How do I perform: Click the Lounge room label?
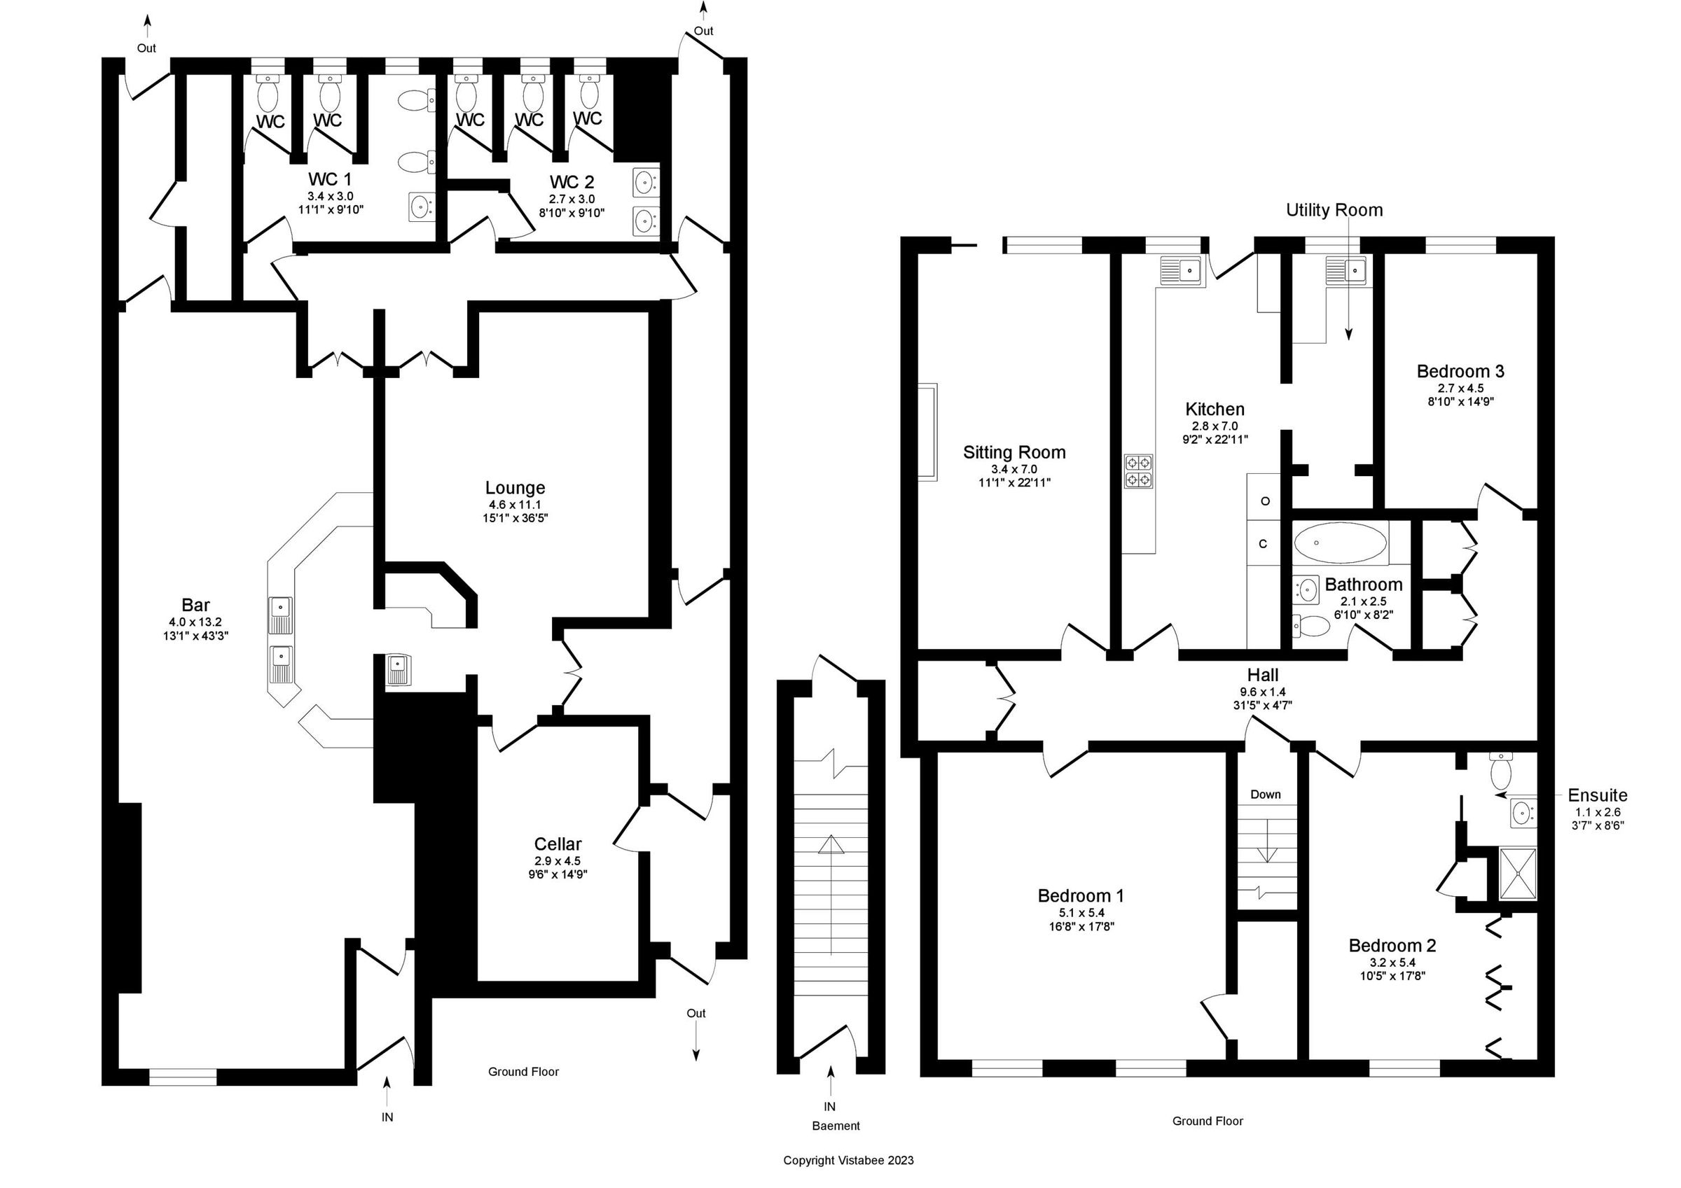pos(515,488)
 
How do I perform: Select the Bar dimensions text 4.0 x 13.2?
pos(195,622)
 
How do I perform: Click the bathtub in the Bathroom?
pos(1340,543)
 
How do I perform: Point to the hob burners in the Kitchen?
pos(1138,471)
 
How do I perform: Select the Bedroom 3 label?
pos(1460,371)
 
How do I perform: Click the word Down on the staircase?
pos(1265,794)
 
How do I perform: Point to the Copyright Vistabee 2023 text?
pos(848,1160)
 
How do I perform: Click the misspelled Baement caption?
pos(836,1126)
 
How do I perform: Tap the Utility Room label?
pos(1334,211)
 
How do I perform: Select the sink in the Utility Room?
pos(1346,272)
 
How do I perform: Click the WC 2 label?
pos(572,182)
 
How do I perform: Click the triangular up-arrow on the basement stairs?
pos(830,846)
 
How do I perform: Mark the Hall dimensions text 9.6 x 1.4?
pos(1262,692)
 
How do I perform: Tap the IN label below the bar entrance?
pos(387,1118)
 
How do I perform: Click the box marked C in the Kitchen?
pos(1263,544)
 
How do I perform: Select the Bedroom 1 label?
pos(1081,896)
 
